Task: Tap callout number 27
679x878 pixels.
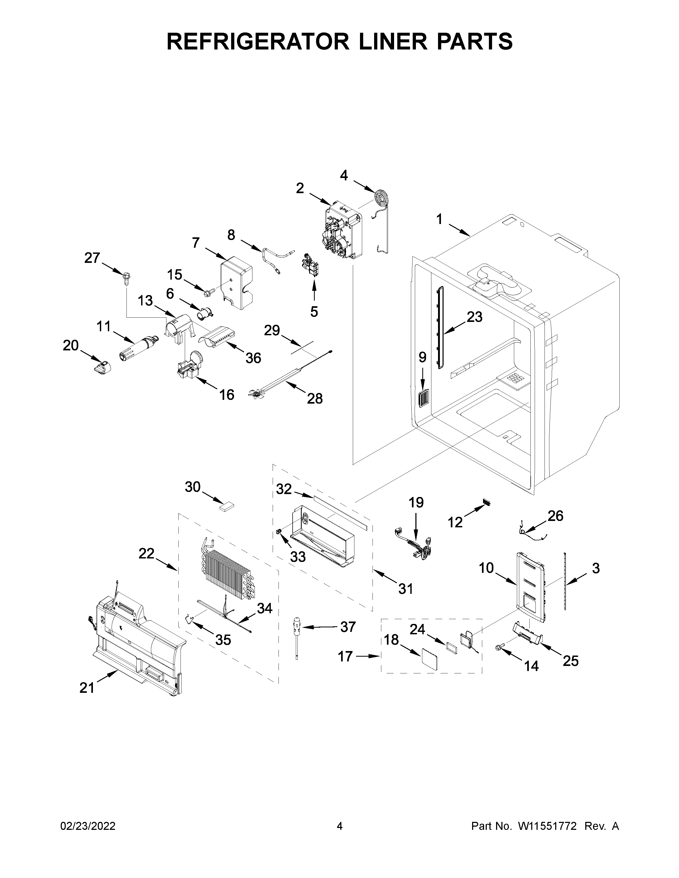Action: pos(92,258)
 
